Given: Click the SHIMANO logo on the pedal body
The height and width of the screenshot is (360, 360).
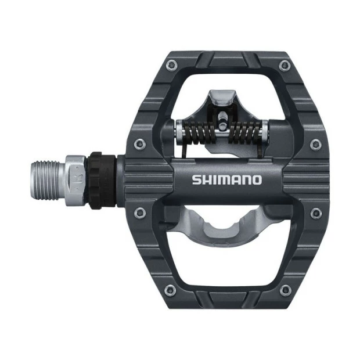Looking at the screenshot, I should tap(227, 179).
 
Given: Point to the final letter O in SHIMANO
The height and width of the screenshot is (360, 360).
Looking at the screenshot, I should tap(256, 179).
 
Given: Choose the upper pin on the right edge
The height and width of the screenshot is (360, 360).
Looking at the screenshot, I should tap(315, 144).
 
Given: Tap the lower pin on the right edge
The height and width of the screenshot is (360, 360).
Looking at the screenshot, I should tap(315, 214).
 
